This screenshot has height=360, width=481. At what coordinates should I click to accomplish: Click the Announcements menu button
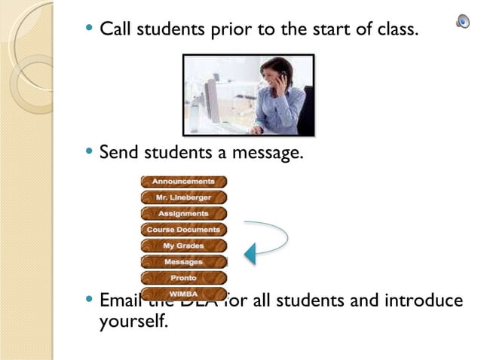(183, 182)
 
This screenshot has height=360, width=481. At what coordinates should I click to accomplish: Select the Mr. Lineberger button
(183, 197)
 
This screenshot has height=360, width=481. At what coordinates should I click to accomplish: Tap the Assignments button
(183, 214)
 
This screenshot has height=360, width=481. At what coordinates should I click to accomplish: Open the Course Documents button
(183, 230)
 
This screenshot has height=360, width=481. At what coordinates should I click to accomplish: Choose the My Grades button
(183, 246)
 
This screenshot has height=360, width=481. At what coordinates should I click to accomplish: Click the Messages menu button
(183, 262)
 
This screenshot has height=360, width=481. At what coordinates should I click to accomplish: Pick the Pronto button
(183, 278)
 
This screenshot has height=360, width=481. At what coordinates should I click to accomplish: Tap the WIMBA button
(183, 292)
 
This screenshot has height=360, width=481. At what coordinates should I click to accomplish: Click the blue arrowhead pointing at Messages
(250, 254)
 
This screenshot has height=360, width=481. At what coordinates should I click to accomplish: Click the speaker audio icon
(463, 22)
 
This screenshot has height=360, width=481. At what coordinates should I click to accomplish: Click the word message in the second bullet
(268, 154)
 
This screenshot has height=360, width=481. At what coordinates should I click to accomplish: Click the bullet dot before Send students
(90, 153)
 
